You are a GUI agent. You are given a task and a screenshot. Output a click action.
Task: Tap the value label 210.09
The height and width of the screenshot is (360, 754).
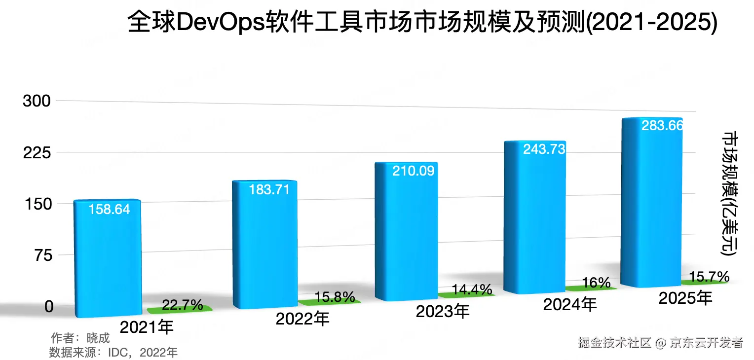413,171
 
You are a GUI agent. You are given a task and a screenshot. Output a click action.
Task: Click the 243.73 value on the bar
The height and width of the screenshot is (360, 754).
544,149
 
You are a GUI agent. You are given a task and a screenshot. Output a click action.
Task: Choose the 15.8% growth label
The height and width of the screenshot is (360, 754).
334,297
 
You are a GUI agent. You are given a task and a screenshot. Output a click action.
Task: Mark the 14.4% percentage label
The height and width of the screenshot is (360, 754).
472,289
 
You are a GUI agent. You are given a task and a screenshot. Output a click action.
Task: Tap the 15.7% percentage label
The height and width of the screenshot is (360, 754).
709,276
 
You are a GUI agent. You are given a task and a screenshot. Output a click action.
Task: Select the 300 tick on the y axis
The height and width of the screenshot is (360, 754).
37,101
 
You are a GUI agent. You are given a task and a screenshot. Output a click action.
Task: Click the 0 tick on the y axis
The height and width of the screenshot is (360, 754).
49,306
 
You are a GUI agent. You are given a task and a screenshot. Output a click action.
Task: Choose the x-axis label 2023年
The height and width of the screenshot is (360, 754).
442,312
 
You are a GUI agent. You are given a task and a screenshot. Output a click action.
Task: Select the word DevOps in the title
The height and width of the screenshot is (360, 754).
221,23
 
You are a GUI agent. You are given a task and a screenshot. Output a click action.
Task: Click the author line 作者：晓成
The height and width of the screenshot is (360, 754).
80,338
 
